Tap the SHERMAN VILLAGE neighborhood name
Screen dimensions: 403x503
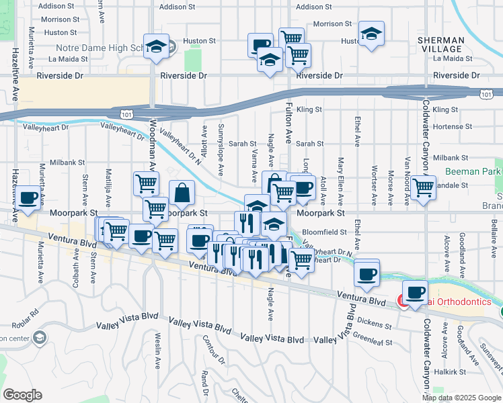click(x=440, y=45)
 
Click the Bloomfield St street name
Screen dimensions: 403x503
click(x=323, y=232)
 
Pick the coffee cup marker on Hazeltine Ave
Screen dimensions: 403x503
click(x=28, y=198)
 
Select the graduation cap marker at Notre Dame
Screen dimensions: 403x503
click(x=156, y=47)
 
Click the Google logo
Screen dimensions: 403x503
click(x=23, y=395)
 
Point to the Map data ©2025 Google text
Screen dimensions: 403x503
click(x=461, y=398)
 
